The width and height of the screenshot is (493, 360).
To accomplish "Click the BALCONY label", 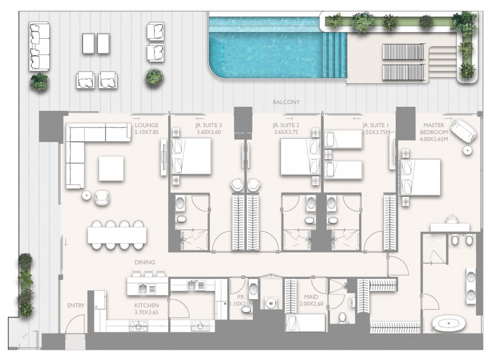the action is (x=286, y=102).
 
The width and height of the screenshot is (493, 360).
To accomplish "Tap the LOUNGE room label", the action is (x=147, y=125).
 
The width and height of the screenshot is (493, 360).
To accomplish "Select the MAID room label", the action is (x=311, y=297).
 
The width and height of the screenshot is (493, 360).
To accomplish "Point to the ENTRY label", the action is (x=76, y=305).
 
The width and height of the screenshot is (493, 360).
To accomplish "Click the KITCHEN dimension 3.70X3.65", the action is (x=147, y=313).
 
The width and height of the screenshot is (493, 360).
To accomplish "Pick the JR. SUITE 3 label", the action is (x=209, y=125).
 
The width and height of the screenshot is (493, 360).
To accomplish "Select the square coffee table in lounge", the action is (x=111, y=169).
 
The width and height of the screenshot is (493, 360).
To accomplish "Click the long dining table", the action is (x=117, y=235).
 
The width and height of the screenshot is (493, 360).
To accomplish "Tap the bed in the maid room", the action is (x=305, y=322).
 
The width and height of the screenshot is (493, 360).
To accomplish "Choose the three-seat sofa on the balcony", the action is (x=39, y=46).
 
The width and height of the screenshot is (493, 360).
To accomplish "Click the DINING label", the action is (x=145, y=262).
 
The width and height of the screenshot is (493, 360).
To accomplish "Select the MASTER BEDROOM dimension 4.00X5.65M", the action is (x=434, y=139).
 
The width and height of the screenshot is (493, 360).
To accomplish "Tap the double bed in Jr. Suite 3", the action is (x=191, y=156).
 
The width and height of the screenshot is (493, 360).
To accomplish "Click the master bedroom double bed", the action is (x=420, y=177).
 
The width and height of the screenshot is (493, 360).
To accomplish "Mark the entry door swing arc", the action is (x=75, y=321).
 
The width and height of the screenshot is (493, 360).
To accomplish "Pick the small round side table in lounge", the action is (x=87, y=195).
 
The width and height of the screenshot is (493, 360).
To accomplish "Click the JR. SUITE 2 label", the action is (x=286, y=125).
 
